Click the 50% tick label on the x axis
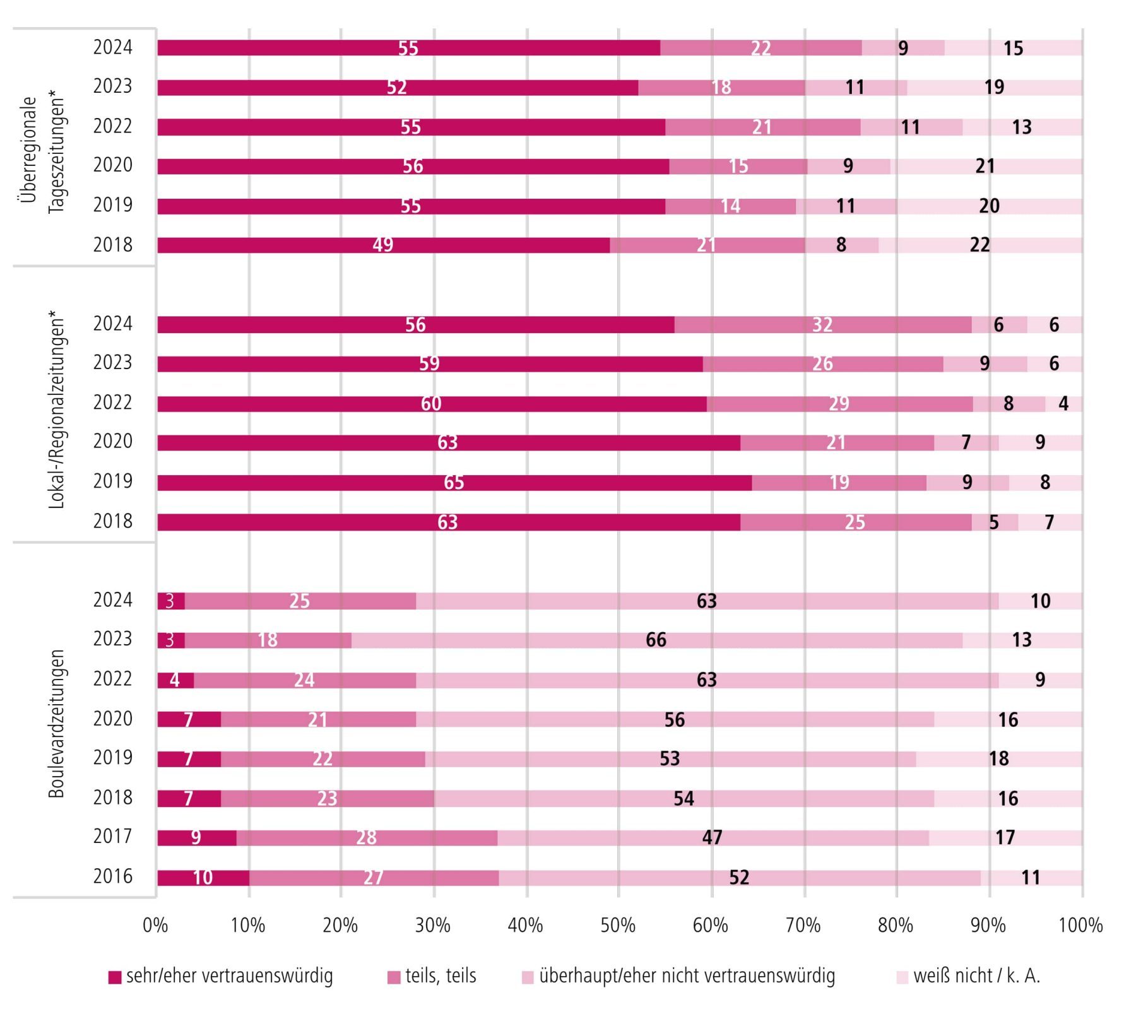[618, 925]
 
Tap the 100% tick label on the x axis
[1080, 925]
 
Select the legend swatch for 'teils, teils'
[394, 977]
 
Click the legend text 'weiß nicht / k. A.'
[976, 976]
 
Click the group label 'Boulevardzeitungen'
[57, 724]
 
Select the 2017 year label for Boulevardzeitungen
[113, 837]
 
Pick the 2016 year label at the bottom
[113, 876]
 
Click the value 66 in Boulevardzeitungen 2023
[656, 640]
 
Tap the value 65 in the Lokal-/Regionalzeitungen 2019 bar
[454, 483]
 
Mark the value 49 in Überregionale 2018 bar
[383, 245]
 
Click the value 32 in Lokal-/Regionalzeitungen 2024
[822, 325]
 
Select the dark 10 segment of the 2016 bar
[203, 878]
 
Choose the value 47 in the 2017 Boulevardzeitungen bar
[712, 837]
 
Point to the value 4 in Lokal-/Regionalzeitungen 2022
[1063, 404]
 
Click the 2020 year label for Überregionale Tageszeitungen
[113, 165]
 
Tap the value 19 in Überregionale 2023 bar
[994, 87]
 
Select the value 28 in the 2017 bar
[366, 837]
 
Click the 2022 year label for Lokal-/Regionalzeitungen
[113, 403]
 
